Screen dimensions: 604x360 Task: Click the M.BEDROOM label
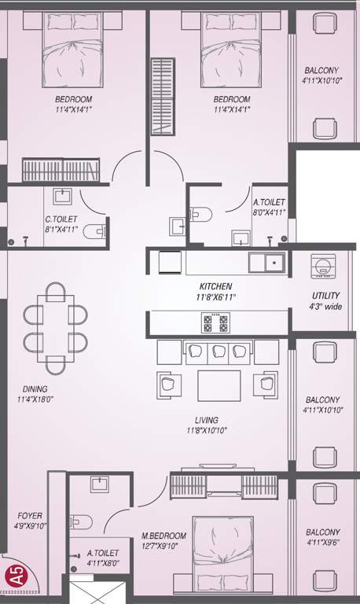[164, 536]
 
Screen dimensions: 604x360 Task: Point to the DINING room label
[35, 389]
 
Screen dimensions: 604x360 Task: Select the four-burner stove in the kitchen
[216, 322]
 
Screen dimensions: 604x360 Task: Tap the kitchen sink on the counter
[268, 262]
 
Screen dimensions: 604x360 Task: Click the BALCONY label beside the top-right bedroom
[321, 70]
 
